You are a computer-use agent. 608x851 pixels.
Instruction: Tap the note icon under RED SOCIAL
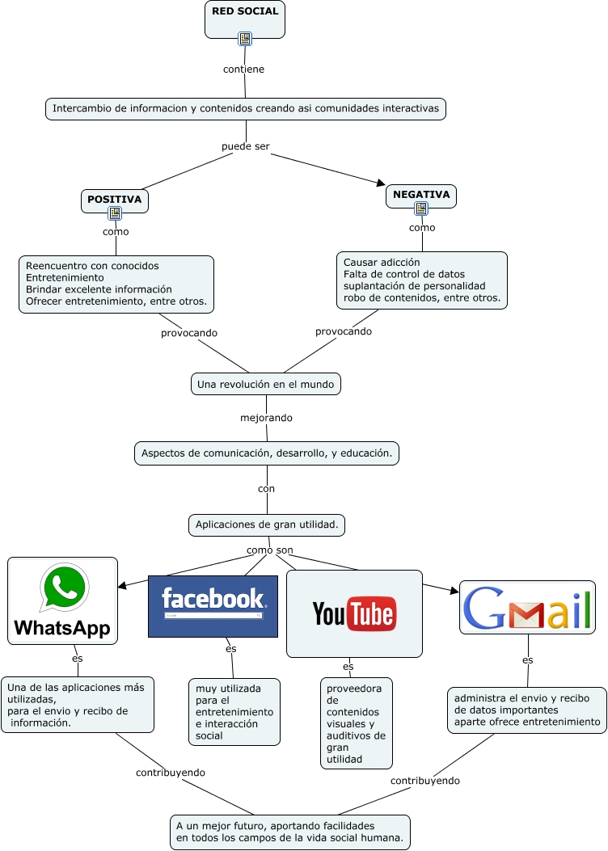coord(245,38)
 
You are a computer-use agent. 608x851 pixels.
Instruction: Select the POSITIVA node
coord(115,199)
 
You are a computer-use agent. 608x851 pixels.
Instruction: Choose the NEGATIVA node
coord(421,195)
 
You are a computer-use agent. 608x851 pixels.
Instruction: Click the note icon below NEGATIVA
coord(421,209)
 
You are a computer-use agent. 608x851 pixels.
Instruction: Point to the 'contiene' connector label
coord(243,69)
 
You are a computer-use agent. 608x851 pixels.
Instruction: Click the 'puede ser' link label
coord(245,146)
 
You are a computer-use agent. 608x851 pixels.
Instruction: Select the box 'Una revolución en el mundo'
coord(265,384)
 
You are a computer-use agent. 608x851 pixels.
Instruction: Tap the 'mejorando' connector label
coord(266,418)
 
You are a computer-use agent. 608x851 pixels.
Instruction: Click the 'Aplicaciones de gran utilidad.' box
coord(267,525)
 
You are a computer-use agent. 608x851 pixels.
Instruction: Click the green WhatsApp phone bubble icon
coord(64,588)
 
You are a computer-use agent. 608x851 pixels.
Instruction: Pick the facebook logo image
coord(213,606)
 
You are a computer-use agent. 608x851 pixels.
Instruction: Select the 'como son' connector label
coord(269,550)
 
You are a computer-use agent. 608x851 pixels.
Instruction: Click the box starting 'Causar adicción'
coord(421,280)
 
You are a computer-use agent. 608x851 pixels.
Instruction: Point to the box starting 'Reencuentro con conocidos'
coord(116,284)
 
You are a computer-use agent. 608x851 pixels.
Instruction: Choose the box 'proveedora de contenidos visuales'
coord(356,723)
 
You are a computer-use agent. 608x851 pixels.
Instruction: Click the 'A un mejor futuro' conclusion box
coord(290,832)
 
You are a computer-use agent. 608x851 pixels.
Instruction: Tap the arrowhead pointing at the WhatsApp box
coord(122,585)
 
